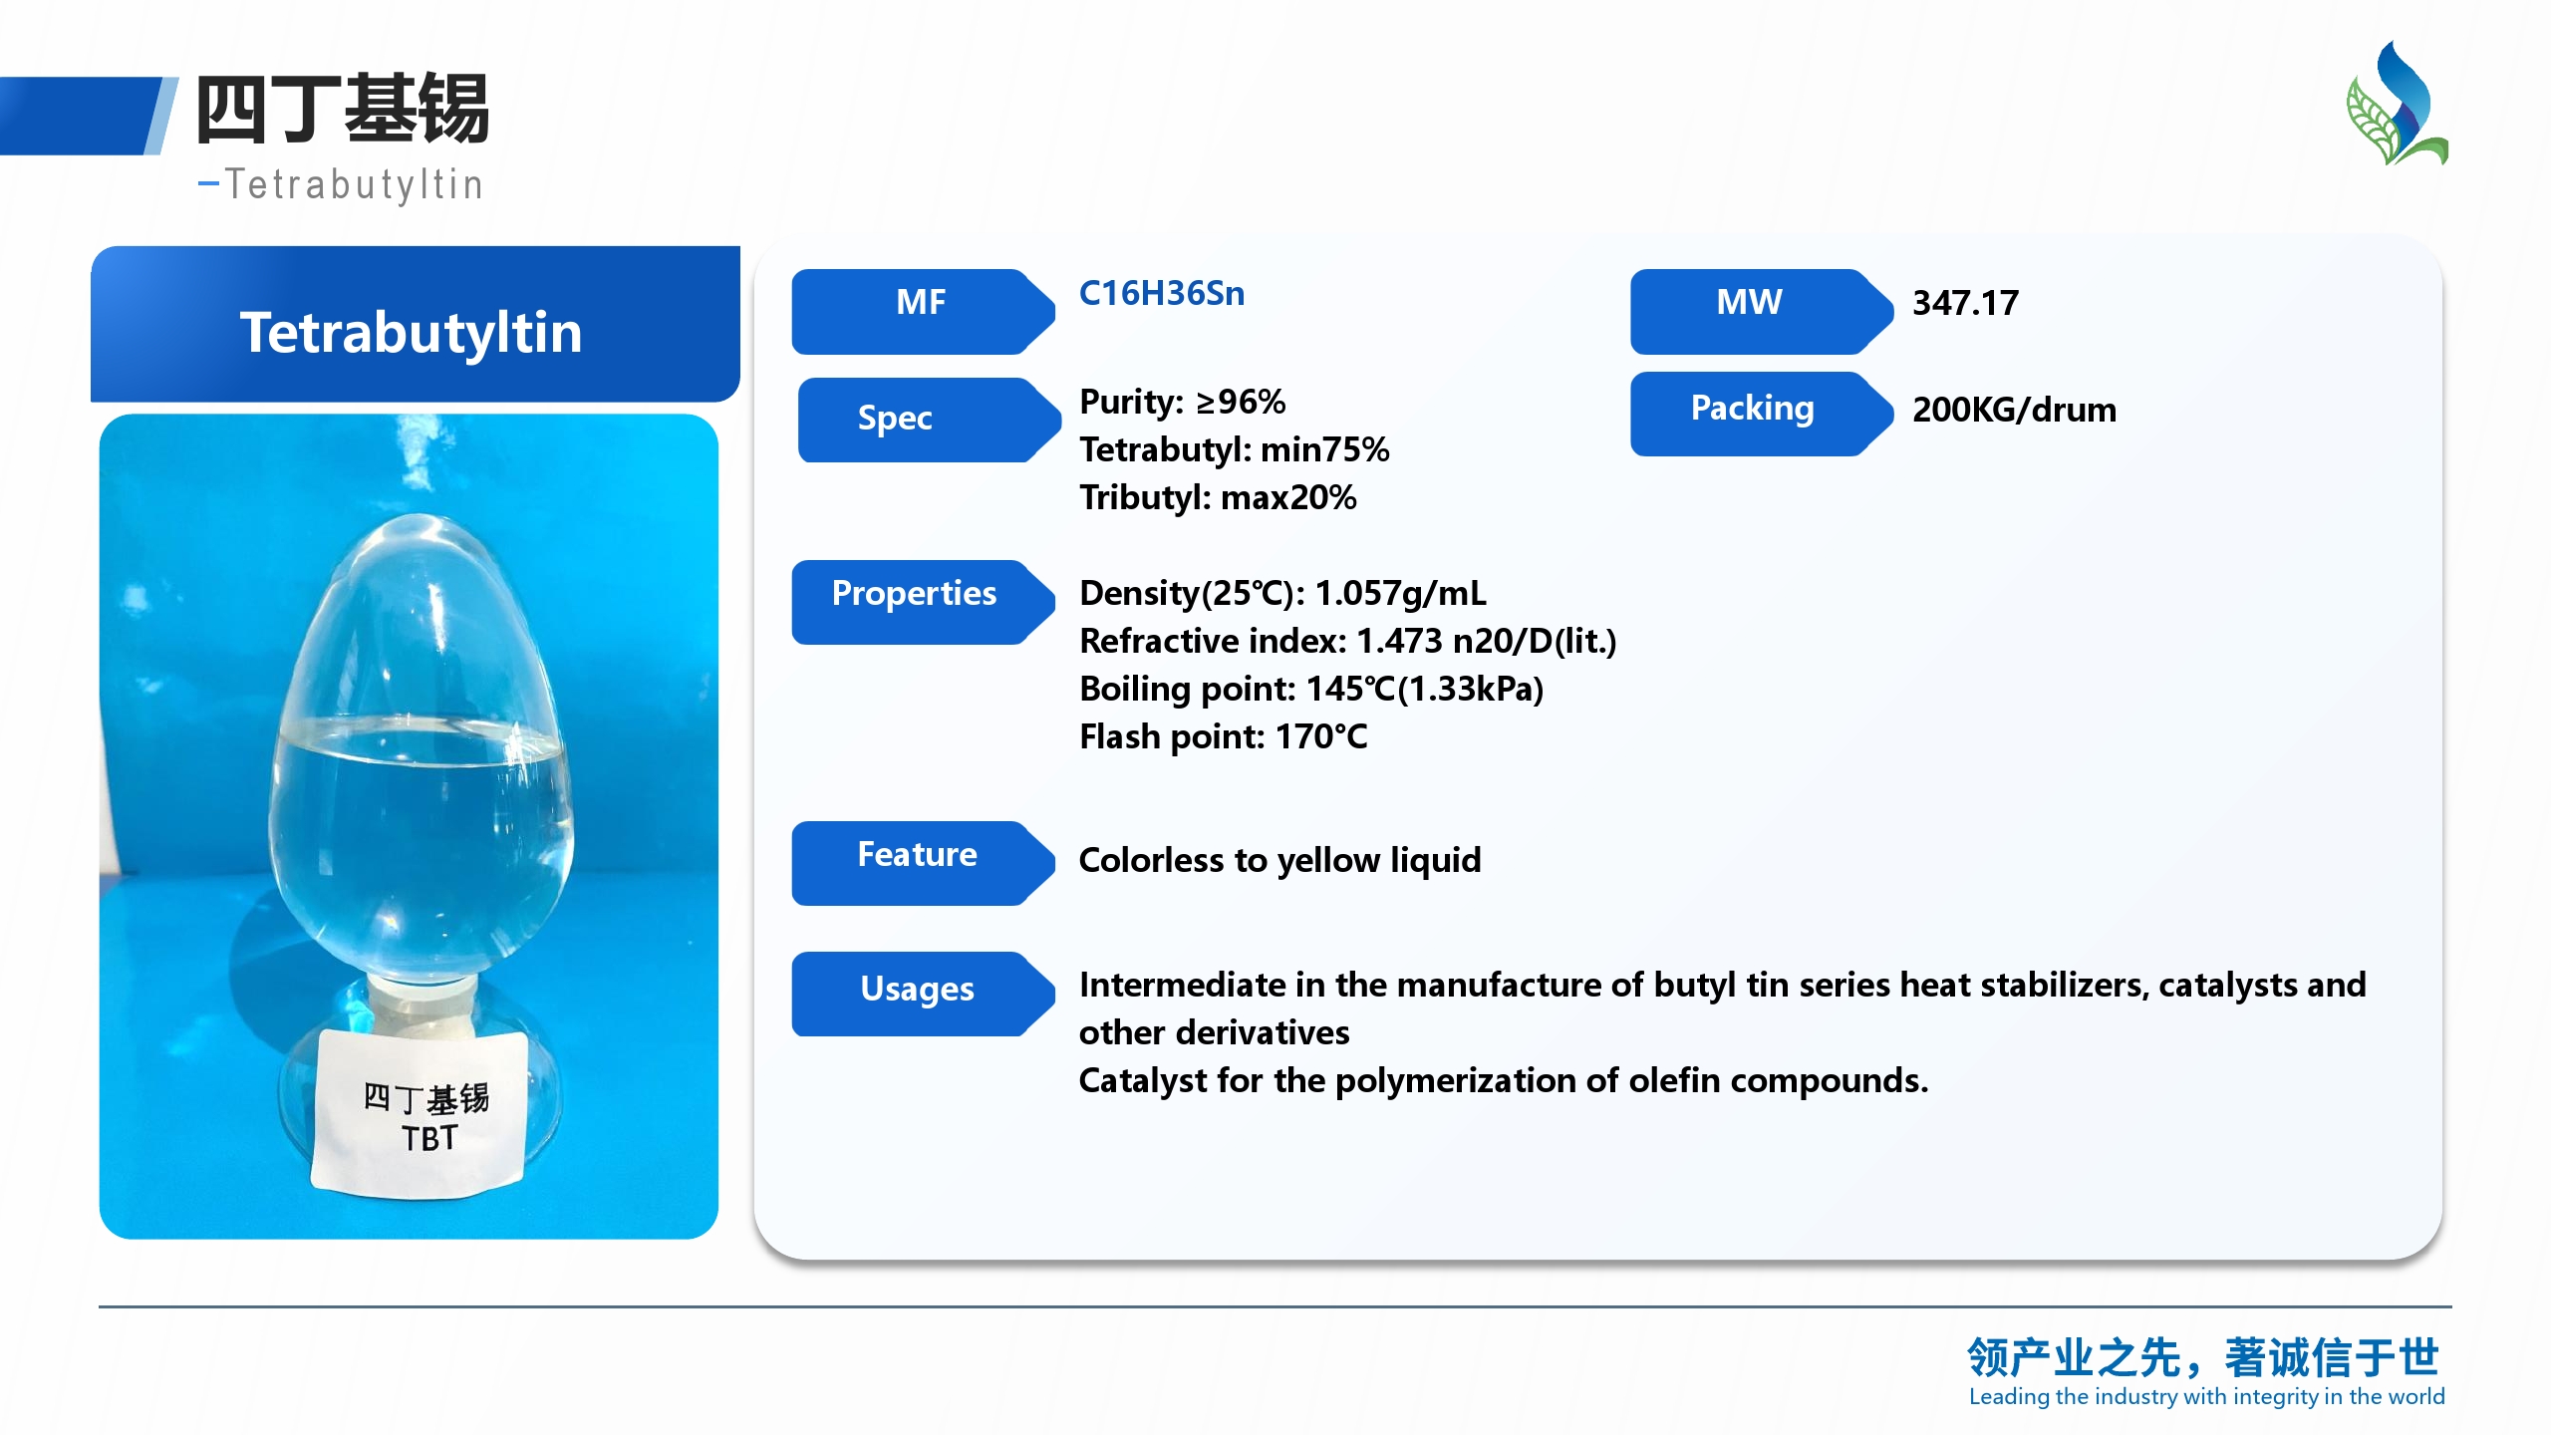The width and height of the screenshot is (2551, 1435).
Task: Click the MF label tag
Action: click(x=923, y=311)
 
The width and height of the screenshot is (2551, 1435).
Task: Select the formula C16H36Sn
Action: click(x=1162, y=294)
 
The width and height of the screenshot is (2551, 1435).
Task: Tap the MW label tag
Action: click(x=1761, y=311)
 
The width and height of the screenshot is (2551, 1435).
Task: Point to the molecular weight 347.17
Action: click(x=1965, y=303)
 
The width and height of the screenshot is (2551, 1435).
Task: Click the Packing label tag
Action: click(x=1761, y=414)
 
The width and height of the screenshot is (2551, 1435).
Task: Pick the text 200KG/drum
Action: click(x=2014, y=410)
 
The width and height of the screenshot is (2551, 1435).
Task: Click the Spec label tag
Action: click(x=929, y=420)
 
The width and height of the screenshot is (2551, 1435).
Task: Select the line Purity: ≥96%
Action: click(x=1183, y=402)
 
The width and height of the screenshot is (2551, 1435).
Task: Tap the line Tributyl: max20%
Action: click(x=1218, y=497)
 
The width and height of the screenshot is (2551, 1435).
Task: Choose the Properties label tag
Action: click(x=923, y=602)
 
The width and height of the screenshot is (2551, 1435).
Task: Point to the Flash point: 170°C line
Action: click(x=1224, y=736)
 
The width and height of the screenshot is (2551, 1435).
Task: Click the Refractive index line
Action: click(x=1348, y=641)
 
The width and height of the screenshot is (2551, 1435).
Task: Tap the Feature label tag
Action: click(x=923, y=863)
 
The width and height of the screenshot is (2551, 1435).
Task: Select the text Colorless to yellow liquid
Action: click(x=1280, y=860)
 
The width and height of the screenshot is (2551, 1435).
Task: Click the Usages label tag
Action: click(x=923, y=994)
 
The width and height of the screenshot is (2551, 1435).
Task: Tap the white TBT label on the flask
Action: click(x=420, y=1112)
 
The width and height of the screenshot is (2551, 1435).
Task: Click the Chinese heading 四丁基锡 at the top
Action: click(x=343, y=109)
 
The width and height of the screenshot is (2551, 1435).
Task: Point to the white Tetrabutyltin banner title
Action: click(x=411, y=332)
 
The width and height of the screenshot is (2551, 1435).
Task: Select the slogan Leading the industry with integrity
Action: click(x=2206, y=1397)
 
